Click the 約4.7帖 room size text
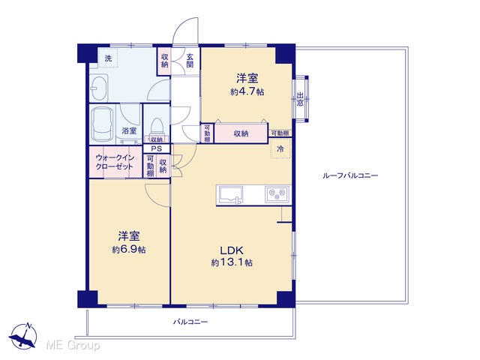(x=247, y=91)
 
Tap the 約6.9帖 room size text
(x=129, y=250)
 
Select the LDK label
(x=232, y=250)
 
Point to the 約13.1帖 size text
(x=232, y=262)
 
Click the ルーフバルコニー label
(x=350, y=175)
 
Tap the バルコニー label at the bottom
(x=190, y=322)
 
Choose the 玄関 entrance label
(x=190, y=60)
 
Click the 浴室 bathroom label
(x=129, y=131)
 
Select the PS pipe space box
(x=157, y=149)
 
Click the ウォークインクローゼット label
(x=115, y=162)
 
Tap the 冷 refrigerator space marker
(x=280, y=148)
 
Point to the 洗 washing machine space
(x=108, y=58)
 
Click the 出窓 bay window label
(x=300, y=99)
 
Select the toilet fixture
(x=157, y=127)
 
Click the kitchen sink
(x=229, y=195)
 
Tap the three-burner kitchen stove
(x=277, y=193)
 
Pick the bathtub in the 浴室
(x=103, y=124)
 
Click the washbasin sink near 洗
(x=99, y=88)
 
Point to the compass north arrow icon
(x=23, y=335)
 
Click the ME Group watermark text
(x=73, y=345)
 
